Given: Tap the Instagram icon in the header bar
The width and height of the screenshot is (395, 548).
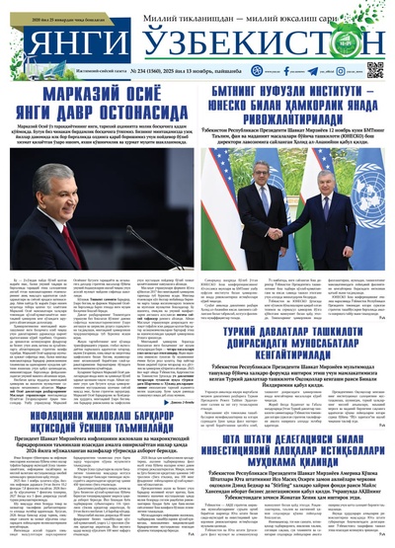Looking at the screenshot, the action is [x=248, y=70].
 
